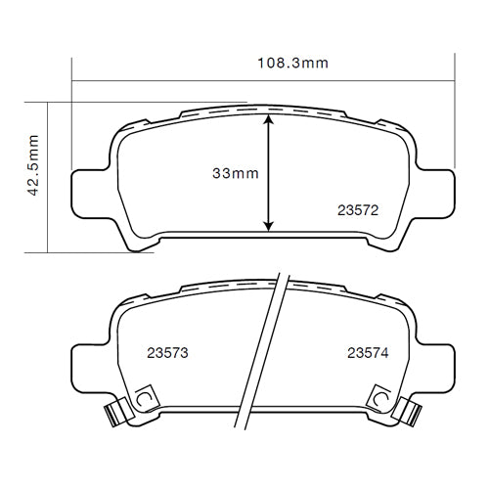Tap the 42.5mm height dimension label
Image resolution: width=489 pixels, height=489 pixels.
click(x=34, y=166)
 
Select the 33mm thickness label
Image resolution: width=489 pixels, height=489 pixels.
click(x=235, y=173)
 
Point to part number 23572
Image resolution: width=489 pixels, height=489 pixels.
click(x=358, y=208)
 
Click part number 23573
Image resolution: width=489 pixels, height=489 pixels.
click(x=167, y=353)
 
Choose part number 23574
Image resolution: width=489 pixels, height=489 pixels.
click(x=368, y=353)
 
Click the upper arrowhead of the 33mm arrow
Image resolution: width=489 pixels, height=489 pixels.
click(x=270, y=119)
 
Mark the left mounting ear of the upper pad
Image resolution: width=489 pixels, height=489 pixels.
click(x=91, y=188)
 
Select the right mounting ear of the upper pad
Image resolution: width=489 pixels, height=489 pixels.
click(x=437, y=188)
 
